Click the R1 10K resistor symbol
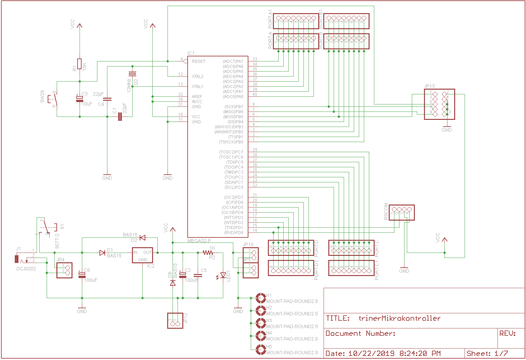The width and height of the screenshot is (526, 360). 80,64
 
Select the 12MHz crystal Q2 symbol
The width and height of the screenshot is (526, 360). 132,74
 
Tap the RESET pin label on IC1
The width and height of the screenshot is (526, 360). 198,61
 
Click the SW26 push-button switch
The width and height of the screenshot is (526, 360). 54,99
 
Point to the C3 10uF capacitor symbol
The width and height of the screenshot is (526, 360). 80,99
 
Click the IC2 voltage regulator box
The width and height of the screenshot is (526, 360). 142,256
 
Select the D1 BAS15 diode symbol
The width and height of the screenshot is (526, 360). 102,253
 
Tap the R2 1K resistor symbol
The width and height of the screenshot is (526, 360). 208,253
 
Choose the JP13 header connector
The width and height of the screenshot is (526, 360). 439,104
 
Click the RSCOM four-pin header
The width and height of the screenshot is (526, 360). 402,212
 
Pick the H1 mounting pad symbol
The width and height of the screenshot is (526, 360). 261,298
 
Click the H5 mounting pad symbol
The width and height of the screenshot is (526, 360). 261,350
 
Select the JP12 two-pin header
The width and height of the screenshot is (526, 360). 175,321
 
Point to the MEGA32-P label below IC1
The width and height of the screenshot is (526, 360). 199,241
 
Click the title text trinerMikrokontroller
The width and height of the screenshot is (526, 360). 399,318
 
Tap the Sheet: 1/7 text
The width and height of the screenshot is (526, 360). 487,353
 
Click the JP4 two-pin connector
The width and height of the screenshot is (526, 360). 64,270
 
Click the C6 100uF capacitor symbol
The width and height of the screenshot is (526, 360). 82,275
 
